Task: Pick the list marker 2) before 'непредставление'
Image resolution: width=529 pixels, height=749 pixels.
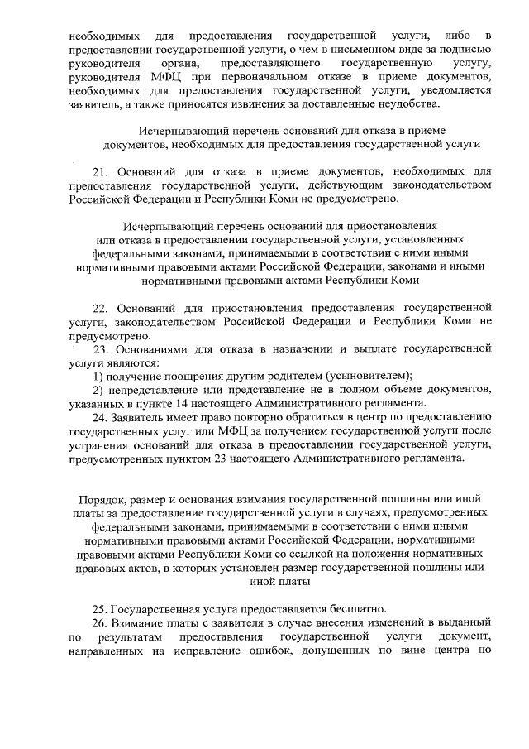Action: point(98,390)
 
